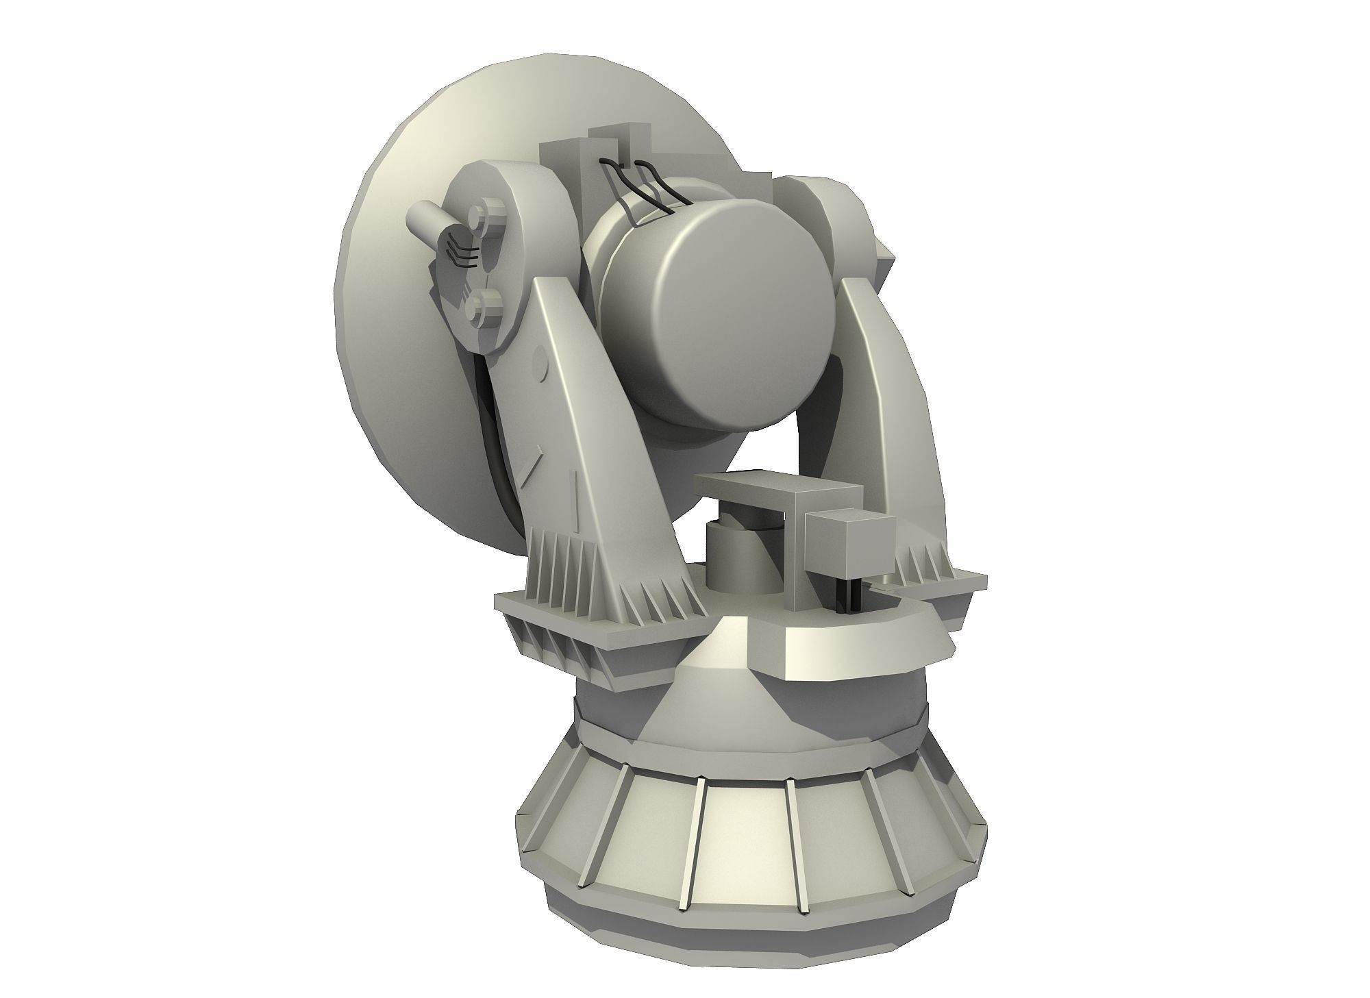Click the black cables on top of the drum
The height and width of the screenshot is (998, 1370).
(647, 188)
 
